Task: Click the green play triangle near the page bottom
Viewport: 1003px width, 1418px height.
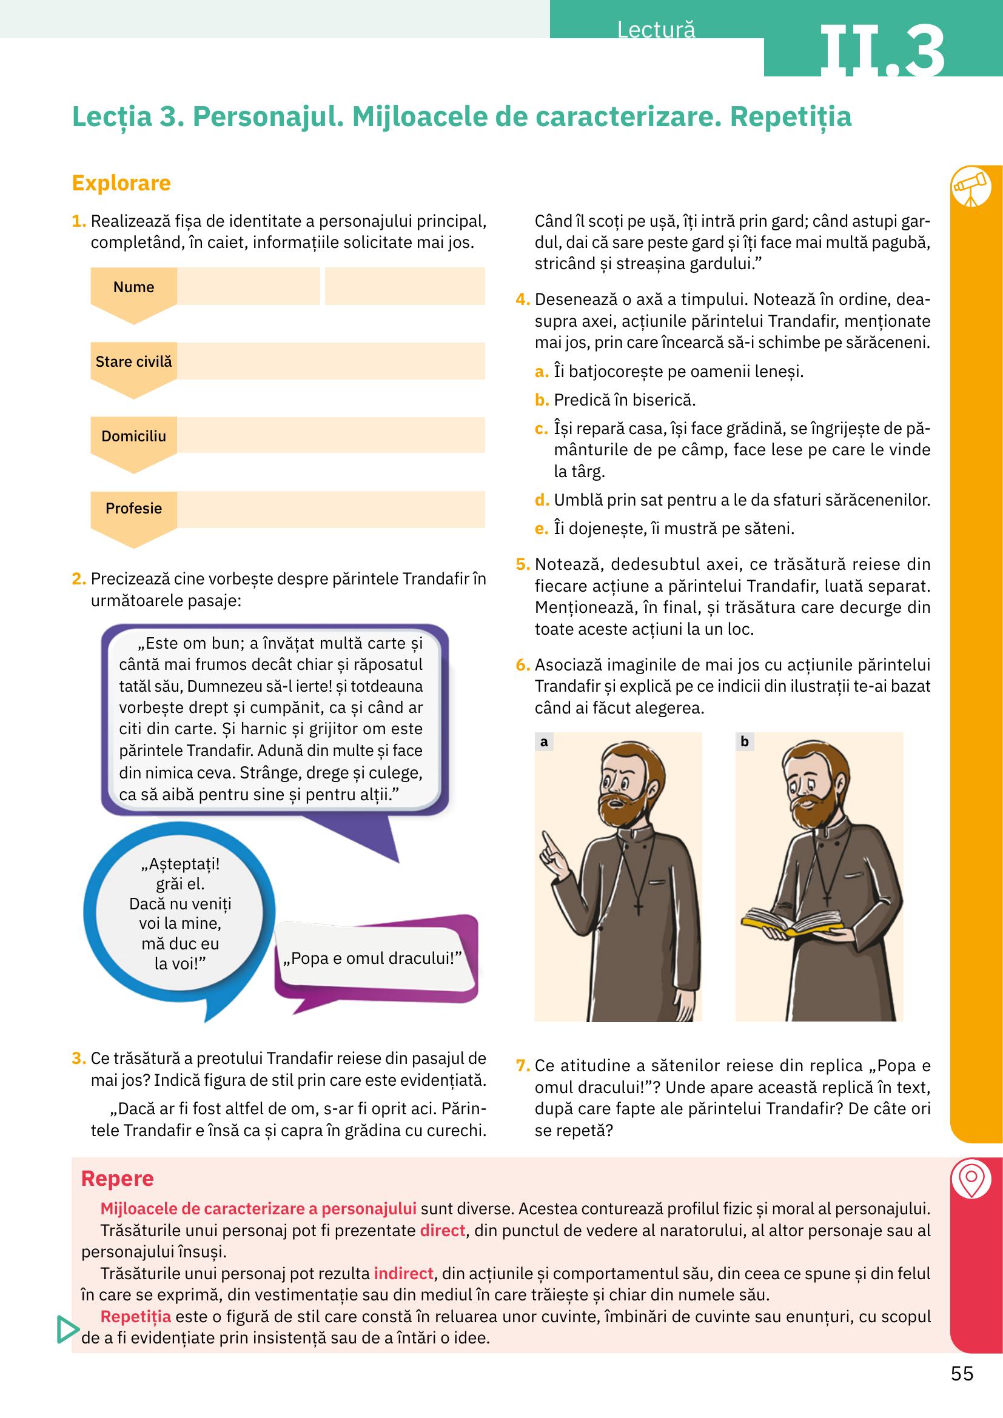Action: (67, 1329)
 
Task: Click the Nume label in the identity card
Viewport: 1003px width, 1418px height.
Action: (133, 287)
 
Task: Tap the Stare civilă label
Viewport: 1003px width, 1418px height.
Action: (133, 362)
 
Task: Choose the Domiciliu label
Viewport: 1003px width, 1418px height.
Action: (133, 436)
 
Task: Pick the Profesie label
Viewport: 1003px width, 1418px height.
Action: (133, 509)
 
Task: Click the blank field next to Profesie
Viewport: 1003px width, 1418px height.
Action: (330, 509)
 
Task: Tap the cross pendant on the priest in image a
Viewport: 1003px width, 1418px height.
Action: (639, 909)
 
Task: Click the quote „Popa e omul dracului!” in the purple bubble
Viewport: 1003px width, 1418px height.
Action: (372, 958)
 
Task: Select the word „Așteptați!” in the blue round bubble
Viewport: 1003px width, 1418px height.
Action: (180, 863)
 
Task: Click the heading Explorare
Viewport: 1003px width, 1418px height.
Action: (121, 184)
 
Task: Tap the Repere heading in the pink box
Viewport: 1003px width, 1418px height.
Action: (118, 1179)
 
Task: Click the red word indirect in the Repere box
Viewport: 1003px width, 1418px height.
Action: (404, 1274)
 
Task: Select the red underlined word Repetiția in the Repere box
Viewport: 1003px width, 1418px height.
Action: (135, 1316)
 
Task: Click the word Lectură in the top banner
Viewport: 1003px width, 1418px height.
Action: (656, 30)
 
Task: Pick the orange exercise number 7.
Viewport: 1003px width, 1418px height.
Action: (523, 1065)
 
